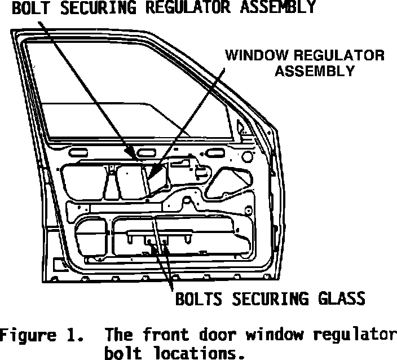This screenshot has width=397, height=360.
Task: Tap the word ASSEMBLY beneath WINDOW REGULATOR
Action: (x=320, y=71)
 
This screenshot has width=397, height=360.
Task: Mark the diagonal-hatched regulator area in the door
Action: (x=158, y=178)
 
